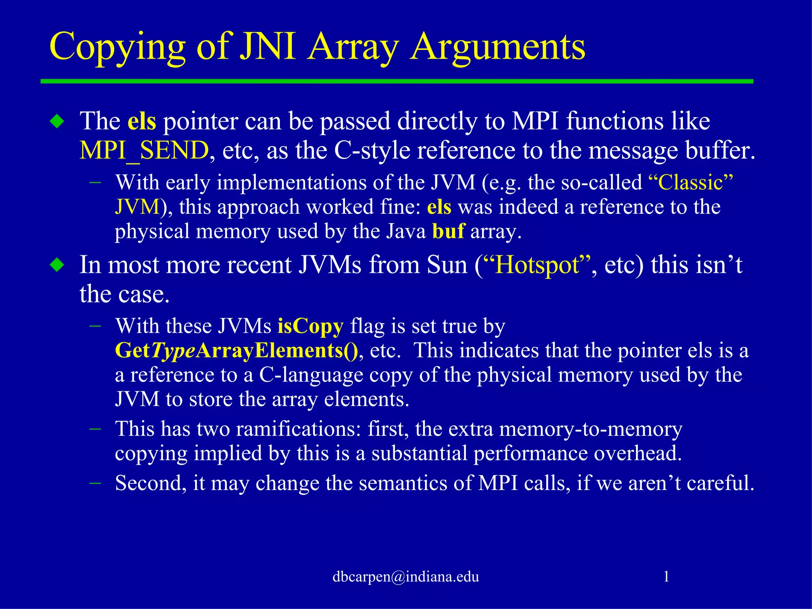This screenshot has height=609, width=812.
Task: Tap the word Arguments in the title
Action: coord(498,48)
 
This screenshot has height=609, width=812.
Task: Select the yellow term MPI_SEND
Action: coord(144,151)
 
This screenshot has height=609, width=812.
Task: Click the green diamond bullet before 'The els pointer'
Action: coord(57,121)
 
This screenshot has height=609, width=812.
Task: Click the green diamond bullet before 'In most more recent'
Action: coord(57,265)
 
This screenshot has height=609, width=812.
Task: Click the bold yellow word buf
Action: coord(448,231)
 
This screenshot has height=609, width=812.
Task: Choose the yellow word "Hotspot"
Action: coord(537,265)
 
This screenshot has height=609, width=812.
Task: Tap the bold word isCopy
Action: coord(310,326)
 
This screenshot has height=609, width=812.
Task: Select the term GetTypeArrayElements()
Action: coord(236,350)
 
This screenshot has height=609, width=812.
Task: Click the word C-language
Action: coord(311,375)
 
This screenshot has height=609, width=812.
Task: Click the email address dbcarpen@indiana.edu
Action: coord(406,576)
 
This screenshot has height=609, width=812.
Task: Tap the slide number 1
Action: coord(666,576)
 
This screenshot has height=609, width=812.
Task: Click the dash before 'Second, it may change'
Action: coord(95,483)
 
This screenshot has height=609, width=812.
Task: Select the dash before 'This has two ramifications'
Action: coord(95,429)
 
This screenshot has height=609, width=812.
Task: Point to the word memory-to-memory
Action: coord(590,429)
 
